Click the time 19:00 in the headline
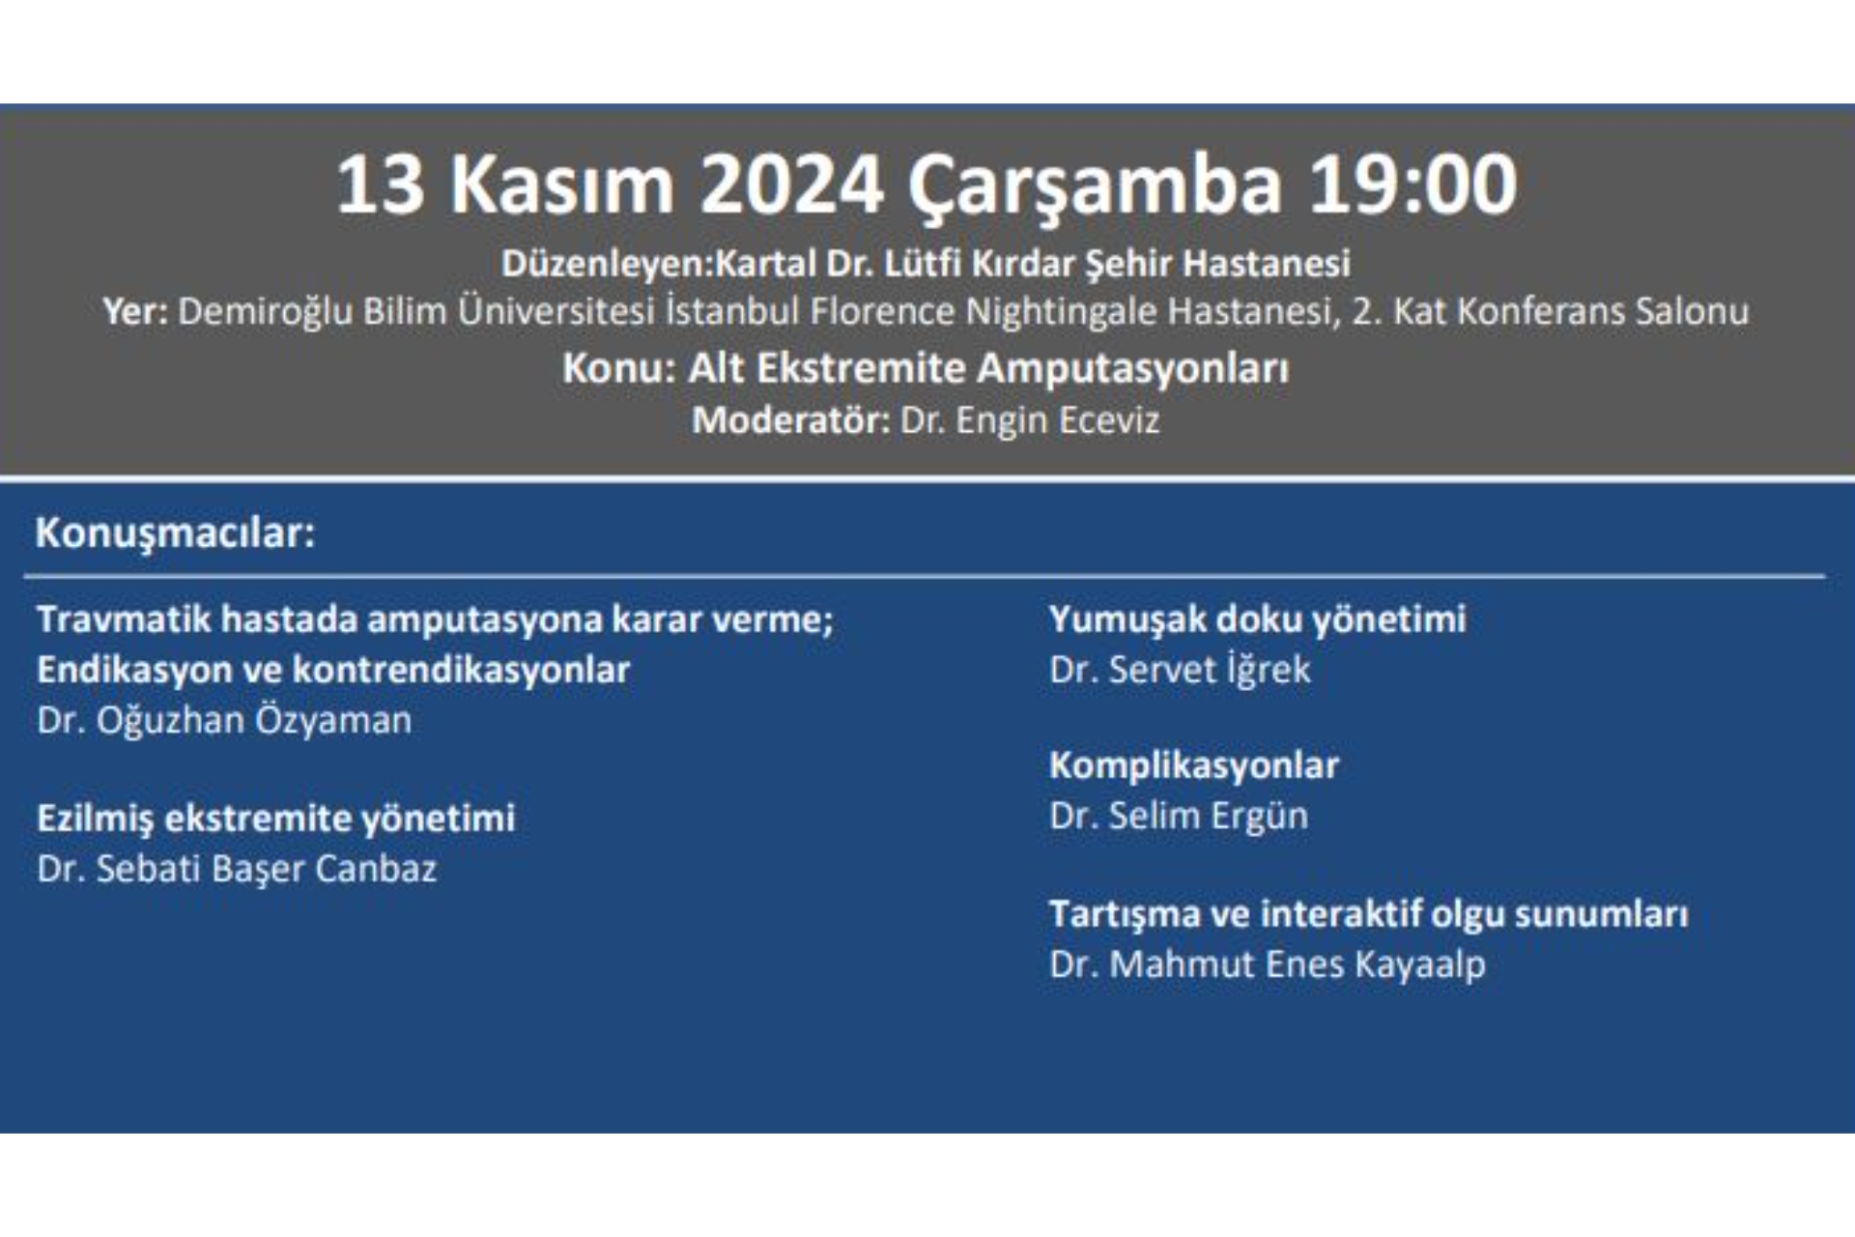pos(1413,185)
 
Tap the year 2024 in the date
pos(791,185)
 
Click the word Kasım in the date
pos(561,185)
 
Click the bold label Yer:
pos(135,312)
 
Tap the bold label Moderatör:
pos(790,420)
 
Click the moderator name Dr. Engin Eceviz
pos(1029,420)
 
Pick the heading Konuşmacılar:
pos(175,532)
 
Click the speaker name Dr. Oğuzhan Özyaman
pos(224,721)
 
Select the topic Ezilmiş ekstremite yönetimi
pos(275,819)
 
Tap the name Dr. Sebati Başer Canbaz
pos(237,869)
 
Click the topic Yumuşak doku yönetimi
pos(1257,619)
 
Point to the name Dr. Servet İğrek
pos(1180,670)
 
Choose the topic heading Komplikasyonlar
pos(1193,765)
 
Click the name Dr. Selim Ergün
pos(1179,817)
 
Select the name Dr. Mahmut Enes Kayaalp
pos(1267,964)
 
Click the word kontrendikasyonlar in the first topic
pos(461,670)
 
